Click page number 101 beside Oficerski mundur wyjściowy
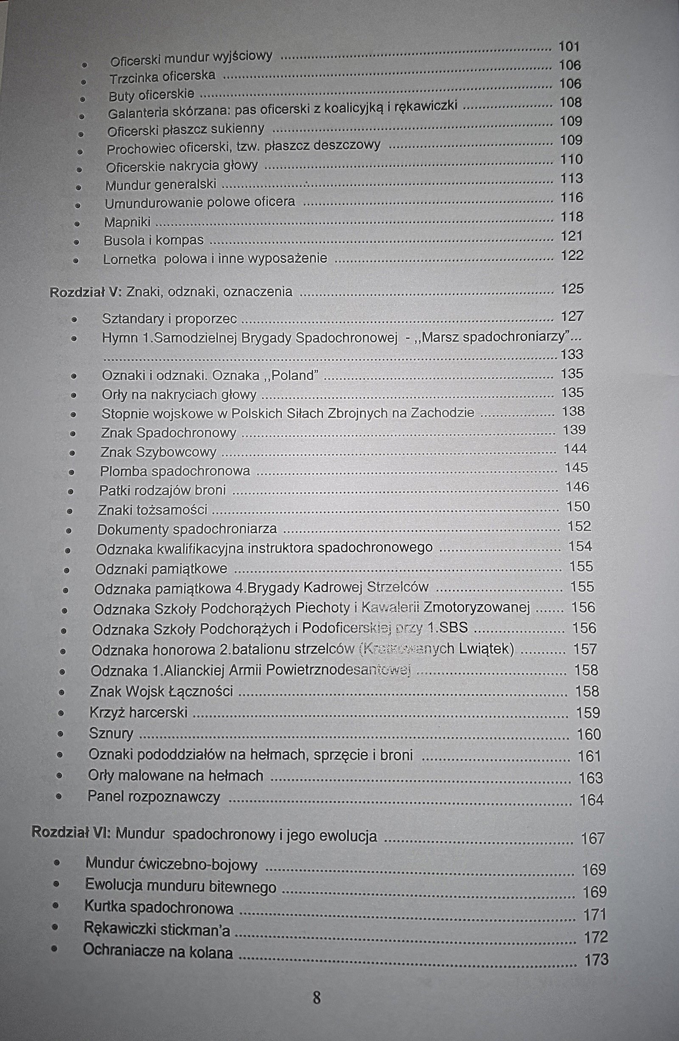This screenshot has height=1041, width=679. (x=569, y=46)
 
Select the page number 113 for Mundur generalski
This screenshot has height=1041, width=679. (x=572, y=179)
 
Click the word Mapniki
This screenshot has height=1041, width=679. (x=127, y=222)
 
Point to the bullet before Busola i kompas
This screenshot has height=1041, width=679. (x=76, y=241)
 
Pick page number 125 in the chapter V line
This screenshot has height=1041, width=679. (x=572, y=289)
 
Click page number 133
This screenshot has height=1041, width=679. (x=572, y=354)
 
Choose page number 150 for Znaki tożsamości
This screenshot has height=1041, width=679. (x=578, y=507)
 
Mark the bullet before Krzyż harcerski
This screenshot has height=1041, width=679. (x=61, y=713)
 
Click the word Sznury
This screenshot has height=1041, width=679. (x=111, y=733)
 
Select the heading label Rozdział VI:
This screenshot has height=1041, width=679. (x=73, y=832)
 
